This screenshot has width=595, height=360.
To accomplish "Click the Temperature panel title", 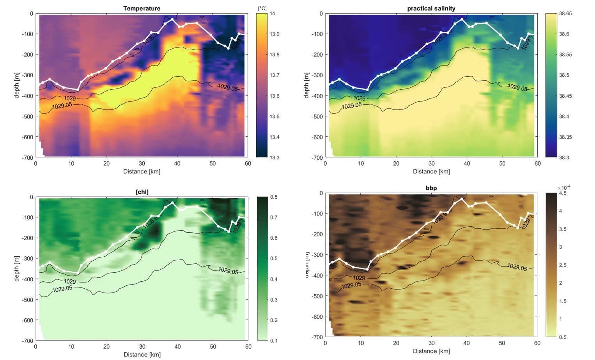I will (x=142, y=8).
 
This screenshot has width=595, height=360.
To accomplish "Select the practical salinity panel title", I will (x=431, y=8).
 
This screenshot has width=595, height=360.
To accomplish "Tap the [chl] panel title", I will (x=142, y=192).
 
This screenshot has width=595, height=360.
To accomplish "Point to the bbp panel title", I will (x=431, y=188).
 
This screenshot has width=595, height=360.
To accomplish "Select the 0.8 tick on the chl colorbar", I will (x=274, y=197).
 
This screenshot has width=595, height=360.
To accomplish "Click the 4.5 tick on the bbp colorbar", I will (x=563, y=193).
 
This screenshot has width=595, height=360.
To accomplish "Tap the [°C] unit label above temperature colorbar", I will (x=262, y=8).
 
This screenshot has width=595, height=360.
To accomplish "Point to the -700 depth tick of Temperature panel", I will (x=27, y=157).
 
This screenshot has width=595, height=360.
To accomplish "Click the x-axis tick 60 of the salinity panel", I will (x=537, y=164).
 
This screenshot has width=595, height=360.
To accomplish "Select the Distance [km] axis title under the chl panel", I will (x=142, y=355).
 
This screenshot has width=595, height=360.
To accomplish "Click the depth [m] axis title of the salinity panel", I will (x=306, y=85).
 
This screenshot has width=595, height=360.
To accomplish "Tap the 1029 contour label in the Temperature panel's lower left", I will (x=70, y=98).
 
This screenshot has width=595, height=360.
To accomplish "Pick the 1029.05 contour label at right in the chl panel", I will (x=228, y=270).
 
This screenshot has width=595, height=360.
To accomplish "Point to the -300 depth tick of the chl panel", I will (x=27, y=258).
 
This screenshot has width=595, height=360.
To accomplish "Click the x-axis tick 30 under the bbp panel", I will (x=431, y=343).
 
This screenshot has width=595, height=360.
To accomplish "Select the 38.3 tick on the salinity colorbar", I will (x=564, y=157).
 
